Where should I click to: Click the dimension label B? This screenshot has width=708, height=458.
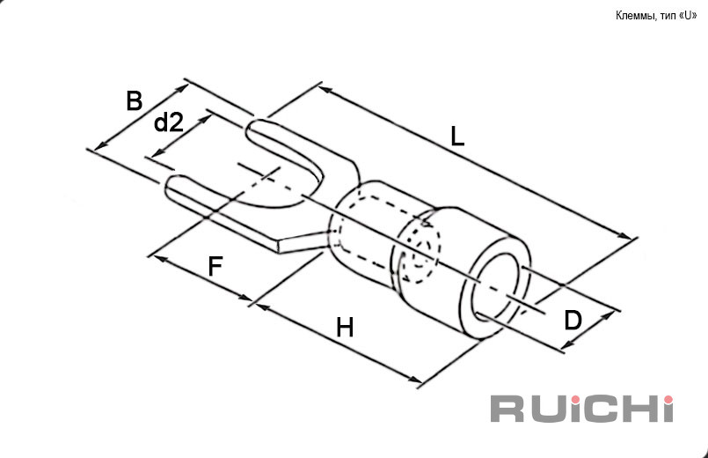pyautogui.click(x=134, y=100)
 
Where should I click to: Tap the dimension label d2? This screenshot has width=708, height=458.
pyautogui.click(x=169, y=122)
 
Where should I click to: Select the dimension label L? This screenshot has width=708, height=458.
pyautogui.click(x=457, y=137)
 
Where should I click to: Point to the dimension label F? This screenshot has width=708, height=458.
pyautogui.click(x=215, y=266)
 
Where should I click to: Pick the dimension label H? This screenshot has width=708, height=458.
pyautogui.click(x=345, y=328)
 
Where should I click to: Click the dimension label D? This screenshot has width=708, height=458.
pyautogui.click(x=573, y=321)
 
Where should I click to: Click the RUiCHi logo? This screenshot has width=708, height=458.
pyautogui.click(x=581, y=409)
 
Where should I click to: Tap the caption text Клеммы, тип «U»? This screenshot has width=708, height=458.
pyautogui.click(x=656, y=16)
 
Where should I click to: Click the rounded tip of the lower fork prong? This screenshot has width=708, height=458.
pyautogui.click(x=170, y=186)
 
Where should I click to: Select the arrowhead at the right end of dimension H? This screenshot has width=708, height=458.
pyautogui.click(x=415, y=380)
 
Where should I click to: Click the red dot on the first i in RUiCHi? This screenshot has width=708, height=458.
pyautogui.click(x=575, y=400)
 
